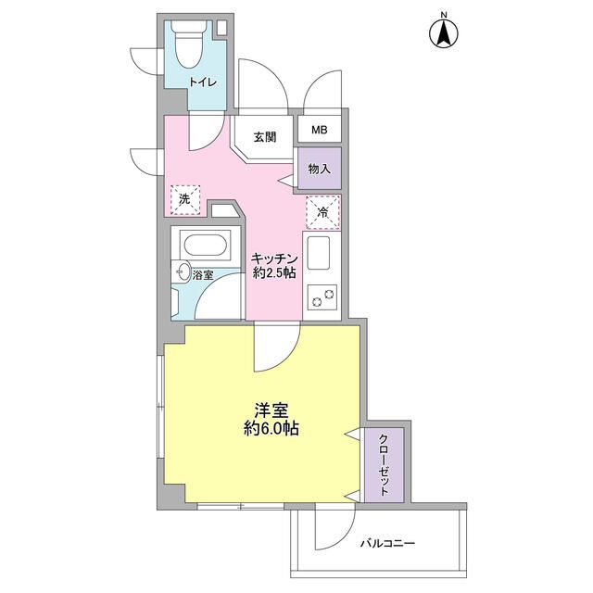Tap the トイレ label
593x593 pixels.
(x=202, y=82)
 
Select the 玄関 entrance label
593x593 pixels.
(x=264, y=137)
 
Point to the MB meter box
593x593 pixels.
(x=319, y=131)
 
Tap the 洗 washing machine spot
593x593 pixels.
(x=185, y=198)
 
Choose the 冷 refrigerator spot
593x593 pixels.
(x=322, y=212)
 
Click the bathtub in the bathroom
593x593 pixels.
(x=203, y=248)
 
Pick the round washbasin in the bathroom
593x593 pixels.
(x=183, y=274)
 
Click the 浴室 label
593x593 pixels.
(x=204, y=274)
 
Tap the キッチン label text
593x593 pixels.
(x=274, y=259)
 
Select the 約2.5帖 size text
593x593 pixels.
(x=274, y=275)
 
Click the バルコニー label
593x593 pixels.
(x=388, y=543)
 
